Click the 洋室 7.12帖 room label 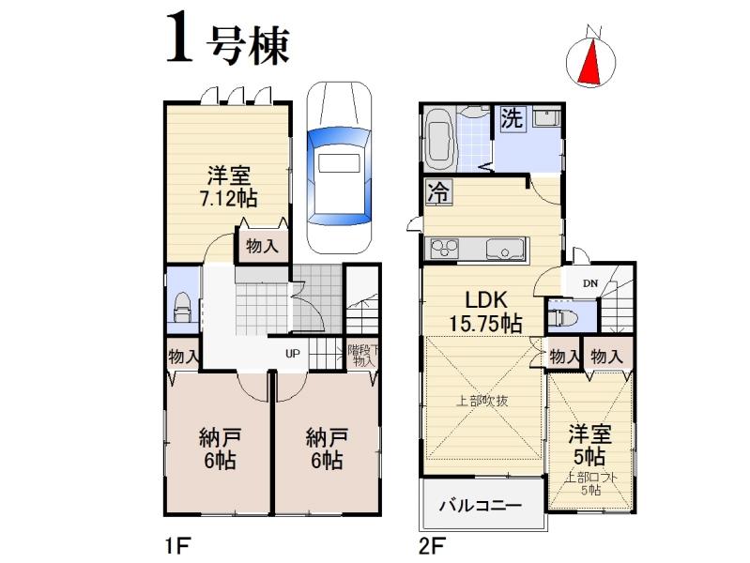pyautogui.click(x=228, y=187)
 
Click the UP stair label pyautogui.click(x=293, y=355)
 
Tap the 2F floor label pyautogui.click(x=431, y=544)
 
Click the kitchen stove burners pyautogui.click(x=443, y=249)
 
